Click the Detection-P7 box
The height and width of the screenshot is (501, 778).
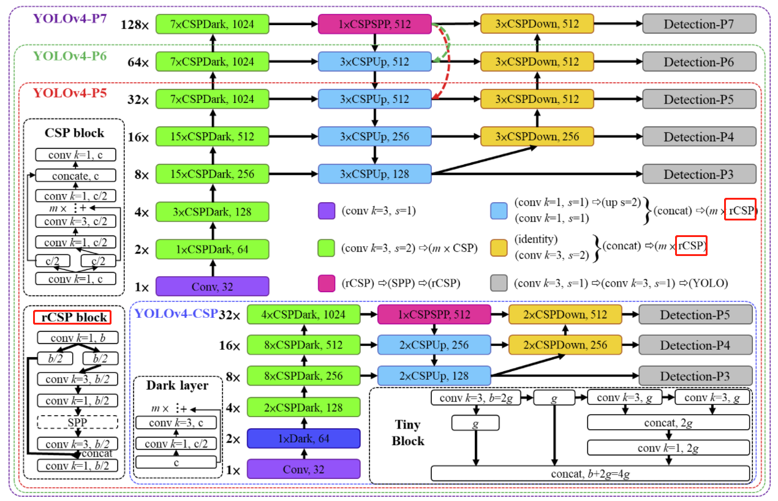click(x=699, y=24)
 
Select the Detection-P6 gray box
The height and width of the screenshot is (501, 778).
click(x=699, y=62)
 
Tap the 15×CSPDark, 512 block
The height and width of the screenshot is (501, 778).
click(x=213, y=137)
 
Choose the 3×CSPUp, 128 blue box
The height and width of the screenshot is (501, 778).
click(x=375, y=175)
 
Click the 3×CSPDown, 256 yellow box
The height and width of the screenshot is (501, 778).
click(x=537, y=137)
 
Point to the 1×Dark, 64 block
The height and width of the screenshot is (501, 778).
click(x=303, y=439)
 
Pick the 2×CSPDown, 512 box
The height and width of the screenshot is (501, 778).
click(x=565, y=315)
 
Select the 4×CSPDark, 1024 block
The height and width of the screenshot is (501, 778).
click(x=303, y=315)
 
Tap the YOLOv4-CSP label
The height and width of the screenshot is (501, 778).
click(x=176, y=314)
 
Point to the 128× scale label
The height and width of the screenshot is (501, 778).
click(x=135, y=25)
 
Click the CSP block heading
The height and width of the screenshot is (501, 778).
click(x=74, y=133)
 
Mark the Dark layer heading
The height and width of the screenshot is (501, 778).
click(x=177, y=386)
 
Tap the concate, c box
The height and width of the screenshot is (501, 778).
click(x=74, y=176)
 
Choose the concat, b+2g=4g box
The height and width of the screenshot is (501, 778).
click(x=591, y=473)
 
